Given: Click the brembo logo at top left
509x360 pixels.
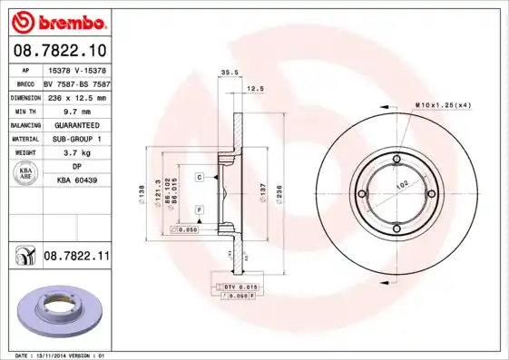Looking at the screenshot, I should point(56,20).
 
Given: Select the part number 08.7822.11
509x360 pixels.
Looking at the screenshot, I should point(76,258).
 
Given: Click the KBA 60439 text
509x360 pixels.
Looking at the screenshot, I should point(77,181).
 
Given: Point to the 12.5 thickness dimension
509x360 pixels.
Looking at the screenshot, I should point(256,90).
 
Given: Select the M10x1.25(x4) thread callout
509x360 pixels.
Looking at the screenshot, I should point(444,106).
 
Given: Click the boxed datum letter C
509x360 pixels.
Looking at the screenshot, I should point(199,177).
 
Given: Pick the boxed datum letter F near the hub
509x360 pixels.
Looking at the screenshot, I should point(199,210).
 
